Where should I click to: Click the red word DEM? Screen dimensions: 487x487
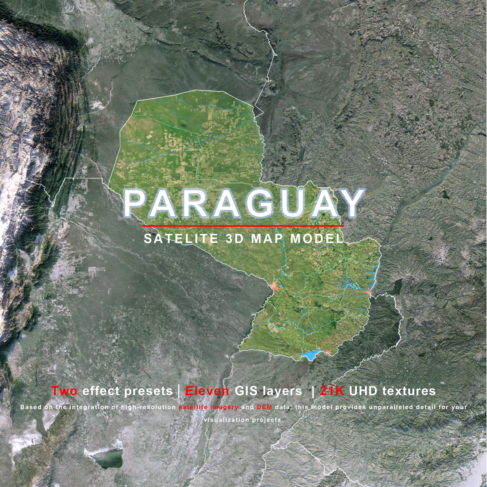(265, 407)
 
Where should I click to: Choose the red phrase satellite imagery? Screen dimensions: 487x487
(208, 407)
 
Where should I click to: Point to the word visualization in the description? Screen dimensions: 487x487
(227, 420)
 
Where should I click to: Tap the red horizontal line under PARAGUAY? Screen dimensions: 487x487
(243, 225)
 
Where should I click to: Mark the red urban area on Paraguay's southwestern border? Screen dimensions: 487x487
(274, 286)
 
